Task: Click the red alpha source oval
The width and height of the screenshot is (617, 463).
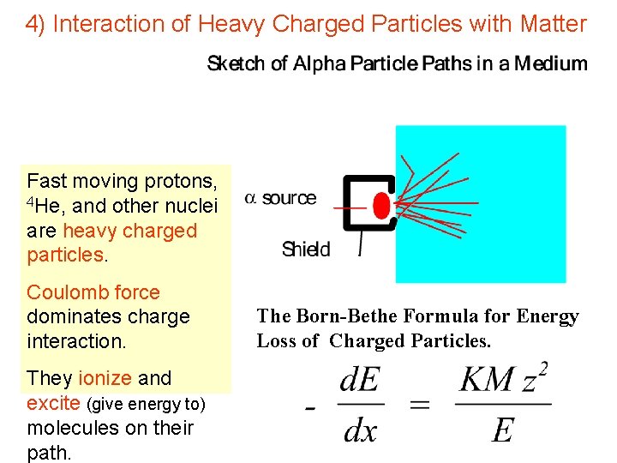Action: pyautogui.click(x=381, y=206)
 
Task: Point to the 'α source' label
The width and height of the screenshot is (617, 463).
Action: pyautogui.click(x=281, y=198)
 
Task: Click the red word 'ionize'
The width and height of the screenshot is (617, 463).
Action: pyautogui.click(x=104, y=378)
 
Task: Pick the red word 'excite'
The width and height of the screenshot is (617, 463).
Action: pyautogui.click(x=55, y=403)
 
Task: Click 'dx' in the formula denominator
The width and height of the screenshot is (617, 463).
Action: pyautogui.click(x=360, y=430)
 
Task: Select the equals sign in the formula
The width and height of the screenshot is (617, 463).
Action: pyautogui.click(x=420, y=406)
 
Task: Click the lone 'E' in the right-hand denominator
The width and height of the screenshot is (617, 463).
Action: pyautogui.click(x=502, y=430)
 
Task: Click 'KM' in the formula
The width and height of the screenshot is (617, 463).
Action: pyautogui.click(x=487, y=380)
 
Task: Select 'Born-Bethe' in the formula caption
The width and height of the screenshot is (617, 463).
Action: pyautogui.click(x=339, y=316)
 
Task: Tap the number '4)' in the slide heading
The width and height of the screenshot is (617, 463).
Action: pyautogui.click(x=35, y=24)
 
